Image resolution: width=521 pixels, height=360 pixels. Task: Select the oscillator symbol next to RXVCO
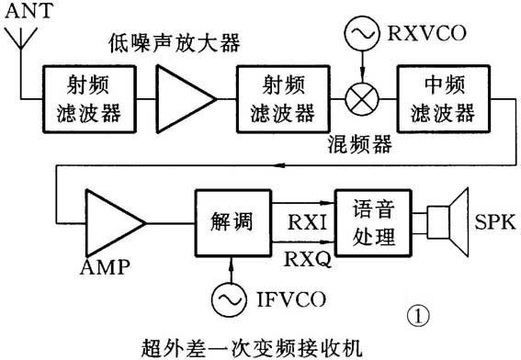point(359,35)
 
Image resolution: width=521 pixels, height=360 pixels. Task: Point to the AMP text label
point(105,268)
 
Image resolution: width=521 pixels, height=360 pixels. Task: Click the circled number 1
point(419,315)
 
